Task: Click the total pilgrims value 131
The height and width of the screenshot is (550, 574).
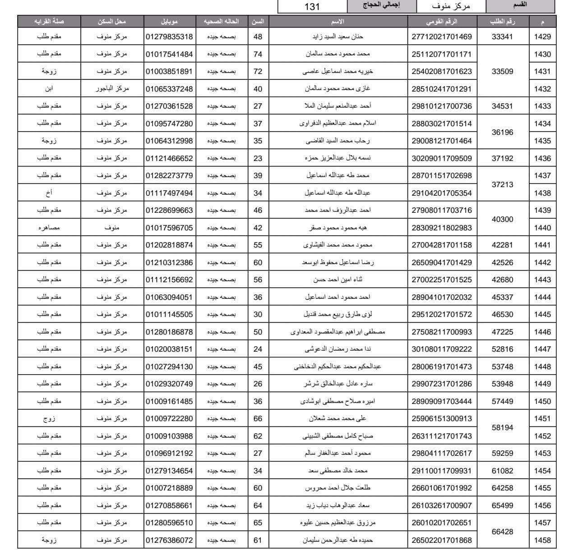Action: [312, 6]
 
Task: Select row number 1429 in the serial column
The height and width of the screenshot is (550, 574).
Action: [542, 37]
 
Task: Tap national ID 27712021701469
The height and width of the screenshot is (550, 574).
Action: [441, 37]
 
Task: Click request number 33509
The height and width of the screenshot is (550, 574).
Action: [502, 71]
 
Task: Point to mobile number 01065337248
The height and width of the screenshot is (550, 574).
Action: [169, 89]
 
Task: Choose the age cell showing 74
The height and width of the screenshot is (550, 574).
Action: [258, 54]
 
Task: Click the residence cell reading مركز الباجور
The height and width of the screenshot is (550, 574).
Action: [112, 89]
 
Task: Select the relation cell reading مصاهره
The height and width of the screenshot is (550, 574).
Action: [49, 228]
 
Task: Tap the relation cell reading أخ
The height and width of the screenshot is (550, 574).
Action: [49, 193]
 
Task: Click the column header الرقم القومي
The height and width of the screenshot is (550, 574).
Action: [441, 22]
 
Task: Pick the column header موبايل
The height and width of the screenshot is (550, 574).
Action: [169, 22]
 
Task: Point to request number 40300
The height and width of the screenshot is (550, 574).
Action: [502, 219]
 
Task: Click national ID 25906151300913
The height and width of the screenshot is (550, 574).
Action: [441, 418]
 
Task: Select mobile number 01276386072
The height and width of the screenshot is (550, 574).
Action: [169, 540]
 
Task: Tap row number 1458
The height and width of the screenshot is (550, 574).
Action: [542, 540]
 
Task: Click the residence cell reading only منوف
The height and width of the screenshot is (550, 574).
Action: [112, 228]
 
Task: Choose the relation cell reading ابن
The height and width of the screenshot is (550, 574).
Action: [49, 89]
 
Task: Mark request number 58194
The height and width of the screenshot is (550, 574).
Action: [502, 427]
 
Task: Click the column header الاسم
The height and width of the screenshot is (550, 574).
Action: [338, 22]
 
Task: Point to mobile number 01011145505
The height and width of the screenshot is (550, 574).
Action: [169, 314]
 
